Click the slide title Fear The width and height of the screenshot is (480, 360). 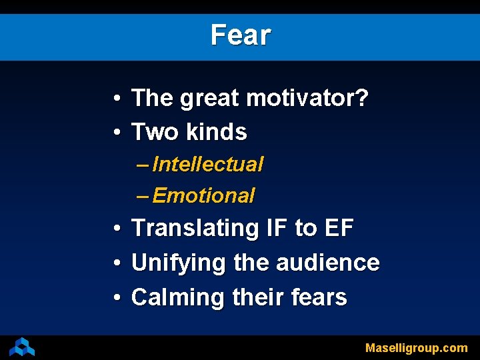point(240,35)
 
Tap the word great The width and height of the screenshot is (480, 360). point(209,99)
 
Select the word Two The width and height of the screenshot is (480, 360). point(152,132)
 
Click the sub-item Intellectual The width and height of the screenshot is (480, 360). point(208,164)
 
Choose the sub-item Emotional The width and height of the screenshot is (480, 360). point(203,196)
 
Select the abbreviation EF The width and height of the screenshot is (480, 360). point(338,228)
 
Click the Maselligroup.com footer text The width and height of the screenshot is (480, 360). point(417,347)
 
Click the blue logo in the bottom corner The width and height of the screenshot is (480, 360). point(22,347)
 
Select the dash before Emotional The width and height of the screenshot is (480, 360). point(142,196)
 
